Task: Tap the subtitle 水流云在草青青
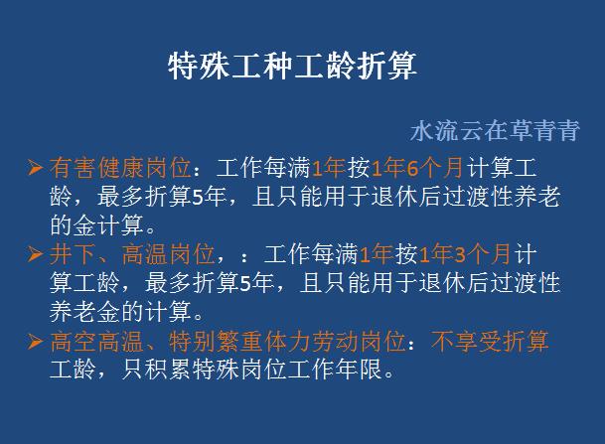coord(494,131)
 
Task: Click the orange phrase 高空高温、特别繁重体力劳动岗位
coord(227,342)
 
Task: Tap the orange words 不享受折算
coord(489,342)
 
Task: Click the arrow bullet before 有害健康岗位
coord(35,167)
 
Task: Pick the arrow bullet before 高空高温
coord(35,342)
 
